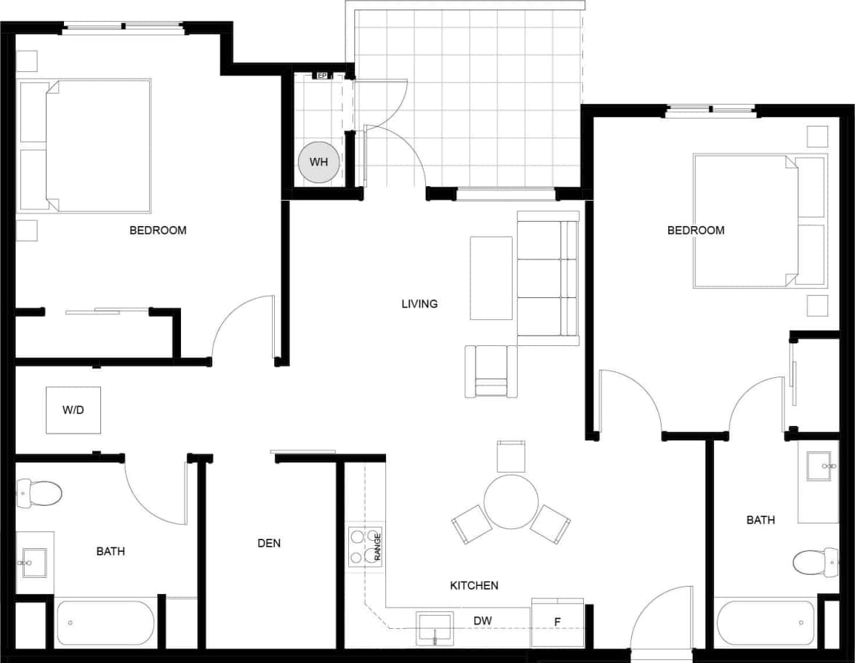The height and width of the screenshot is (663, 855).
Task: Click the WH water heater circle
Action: click(x=318, y=162)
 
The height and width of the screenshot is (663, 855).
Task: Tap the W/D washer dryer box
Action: click(x=73, y=410)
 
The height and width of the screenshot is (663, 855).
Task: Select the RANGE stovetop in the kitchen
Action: click(x=365, y=547)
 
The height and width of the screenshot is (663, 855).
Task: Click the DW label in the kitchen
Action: click(x=483, y=621)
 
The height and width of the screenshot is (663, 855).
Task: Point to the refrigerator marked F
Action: click(x=557, y=622)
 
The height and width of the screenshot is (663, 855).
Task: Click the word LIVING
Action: click(x=420, y=304)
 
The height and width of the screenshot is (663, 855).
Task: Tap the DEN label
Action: click(x=269, y=543)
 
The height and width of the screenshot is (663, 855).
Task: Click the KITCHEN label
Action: click(x=474, y=585)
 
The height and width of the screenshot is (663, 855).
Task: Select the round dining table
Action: click(x=510, y=502)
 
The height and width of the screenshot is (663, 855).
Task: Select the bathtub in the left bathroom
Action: click(x=106, y=623)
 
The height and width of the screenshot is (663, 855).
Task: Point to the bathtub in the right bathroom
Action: click(x=766, y=622)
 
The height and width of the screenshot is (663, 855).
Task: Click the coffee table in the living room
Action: click(x=491, y=278)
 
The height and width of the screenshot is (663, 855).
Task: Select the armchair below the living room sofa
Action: click(x=491, y=371)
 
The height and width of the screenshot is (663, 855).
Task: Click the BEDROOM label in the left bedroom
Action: click(x=158, y=230)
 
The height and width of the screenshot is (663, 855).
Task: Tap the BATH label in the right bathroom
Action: click(x=760, y=520)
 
